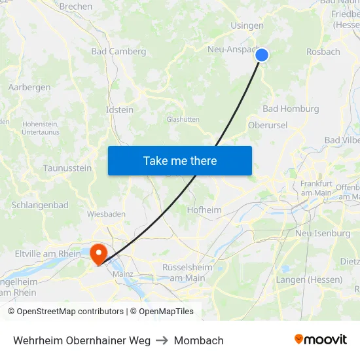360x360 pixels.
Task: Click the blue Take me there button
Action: point(180,160)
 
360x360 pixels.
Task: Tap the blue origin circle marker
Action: point(262,55)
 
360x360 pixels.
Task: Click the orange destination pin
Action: point(99,253)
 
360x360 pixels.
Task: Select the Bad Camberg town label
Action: point(118,51)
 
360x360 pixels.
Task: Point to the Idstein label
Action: point(120,110)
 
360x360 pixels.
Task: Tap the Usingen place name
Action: point(247,26)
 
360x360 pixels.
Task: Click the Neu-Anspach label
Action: point(232,49)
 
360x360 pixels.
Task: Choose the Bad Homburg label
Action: point(291,109)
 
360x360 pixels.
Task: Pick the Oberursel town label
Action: point(268,125)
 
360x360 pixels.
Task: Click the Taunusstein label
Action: point(67,168)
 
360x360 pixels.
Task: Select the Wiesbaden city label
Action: point(105,213)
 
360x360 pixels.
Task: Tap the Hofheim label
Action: point(204,210)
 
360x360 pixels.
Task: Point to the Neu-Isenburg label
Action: point(323,233)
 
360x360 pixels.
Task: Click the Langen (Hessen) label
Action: point(309,279)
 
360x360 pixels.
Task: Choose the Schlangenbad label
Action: point(40,205)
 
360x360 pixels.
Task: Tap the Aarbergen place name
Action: point(29,87)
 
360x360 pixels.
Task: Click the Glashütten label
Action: point(183,119)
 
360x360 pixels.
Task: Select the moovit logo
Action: point(321,340)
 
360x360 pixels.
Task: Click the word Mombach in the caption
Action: point(198,340)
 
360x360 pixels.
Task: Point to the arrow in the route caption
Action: point(162,340)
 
